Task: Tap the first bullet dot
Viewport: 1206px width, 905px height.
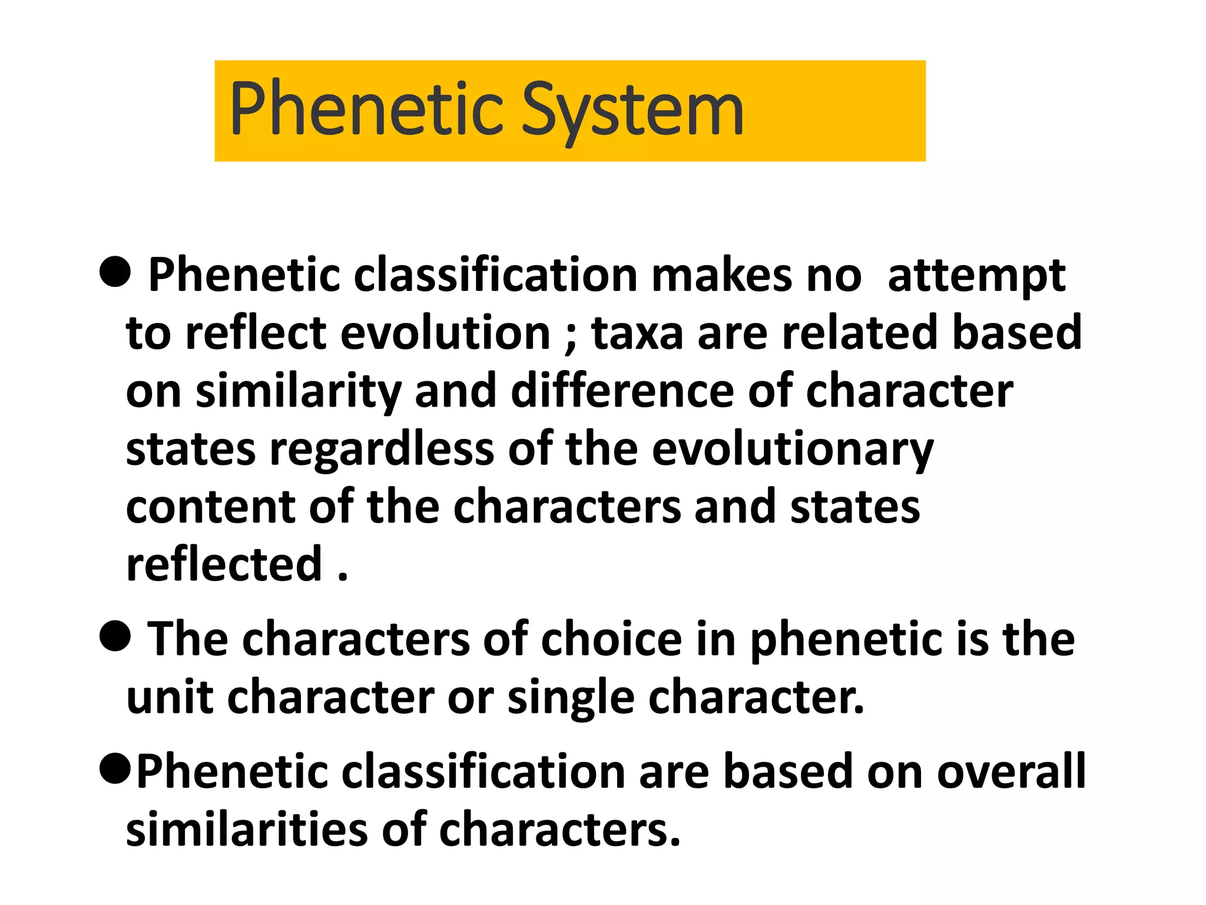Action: (x=115, y=273)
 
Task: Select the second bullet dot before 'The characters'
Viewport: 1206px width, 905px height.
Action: (x=115, y=637)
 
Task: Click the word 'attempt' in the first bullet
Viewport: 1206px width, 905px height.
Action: (x=976, y=276)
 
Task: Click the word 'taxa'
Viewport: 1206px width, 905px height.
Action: (x=637, y=333)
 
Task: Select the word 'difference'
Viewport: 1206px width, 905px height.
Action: (x=622, y=391)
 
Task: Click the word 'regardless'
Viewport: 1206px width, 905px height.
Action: (x=382, y=450)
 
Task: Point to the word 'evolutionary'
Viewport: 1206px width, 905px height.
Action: (x=792, y=450)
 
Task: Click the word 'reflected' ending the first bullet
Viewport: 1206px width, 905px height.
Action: (x=224, y=564)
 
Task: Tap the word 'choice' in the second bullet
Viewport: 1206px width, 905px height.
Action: (x=611, y=640)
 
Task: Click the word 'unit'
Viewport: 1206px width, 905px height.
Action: (x=170, y=698)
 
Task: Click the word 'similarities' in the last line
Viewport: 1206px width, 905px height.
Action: (x=247, y=830)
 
